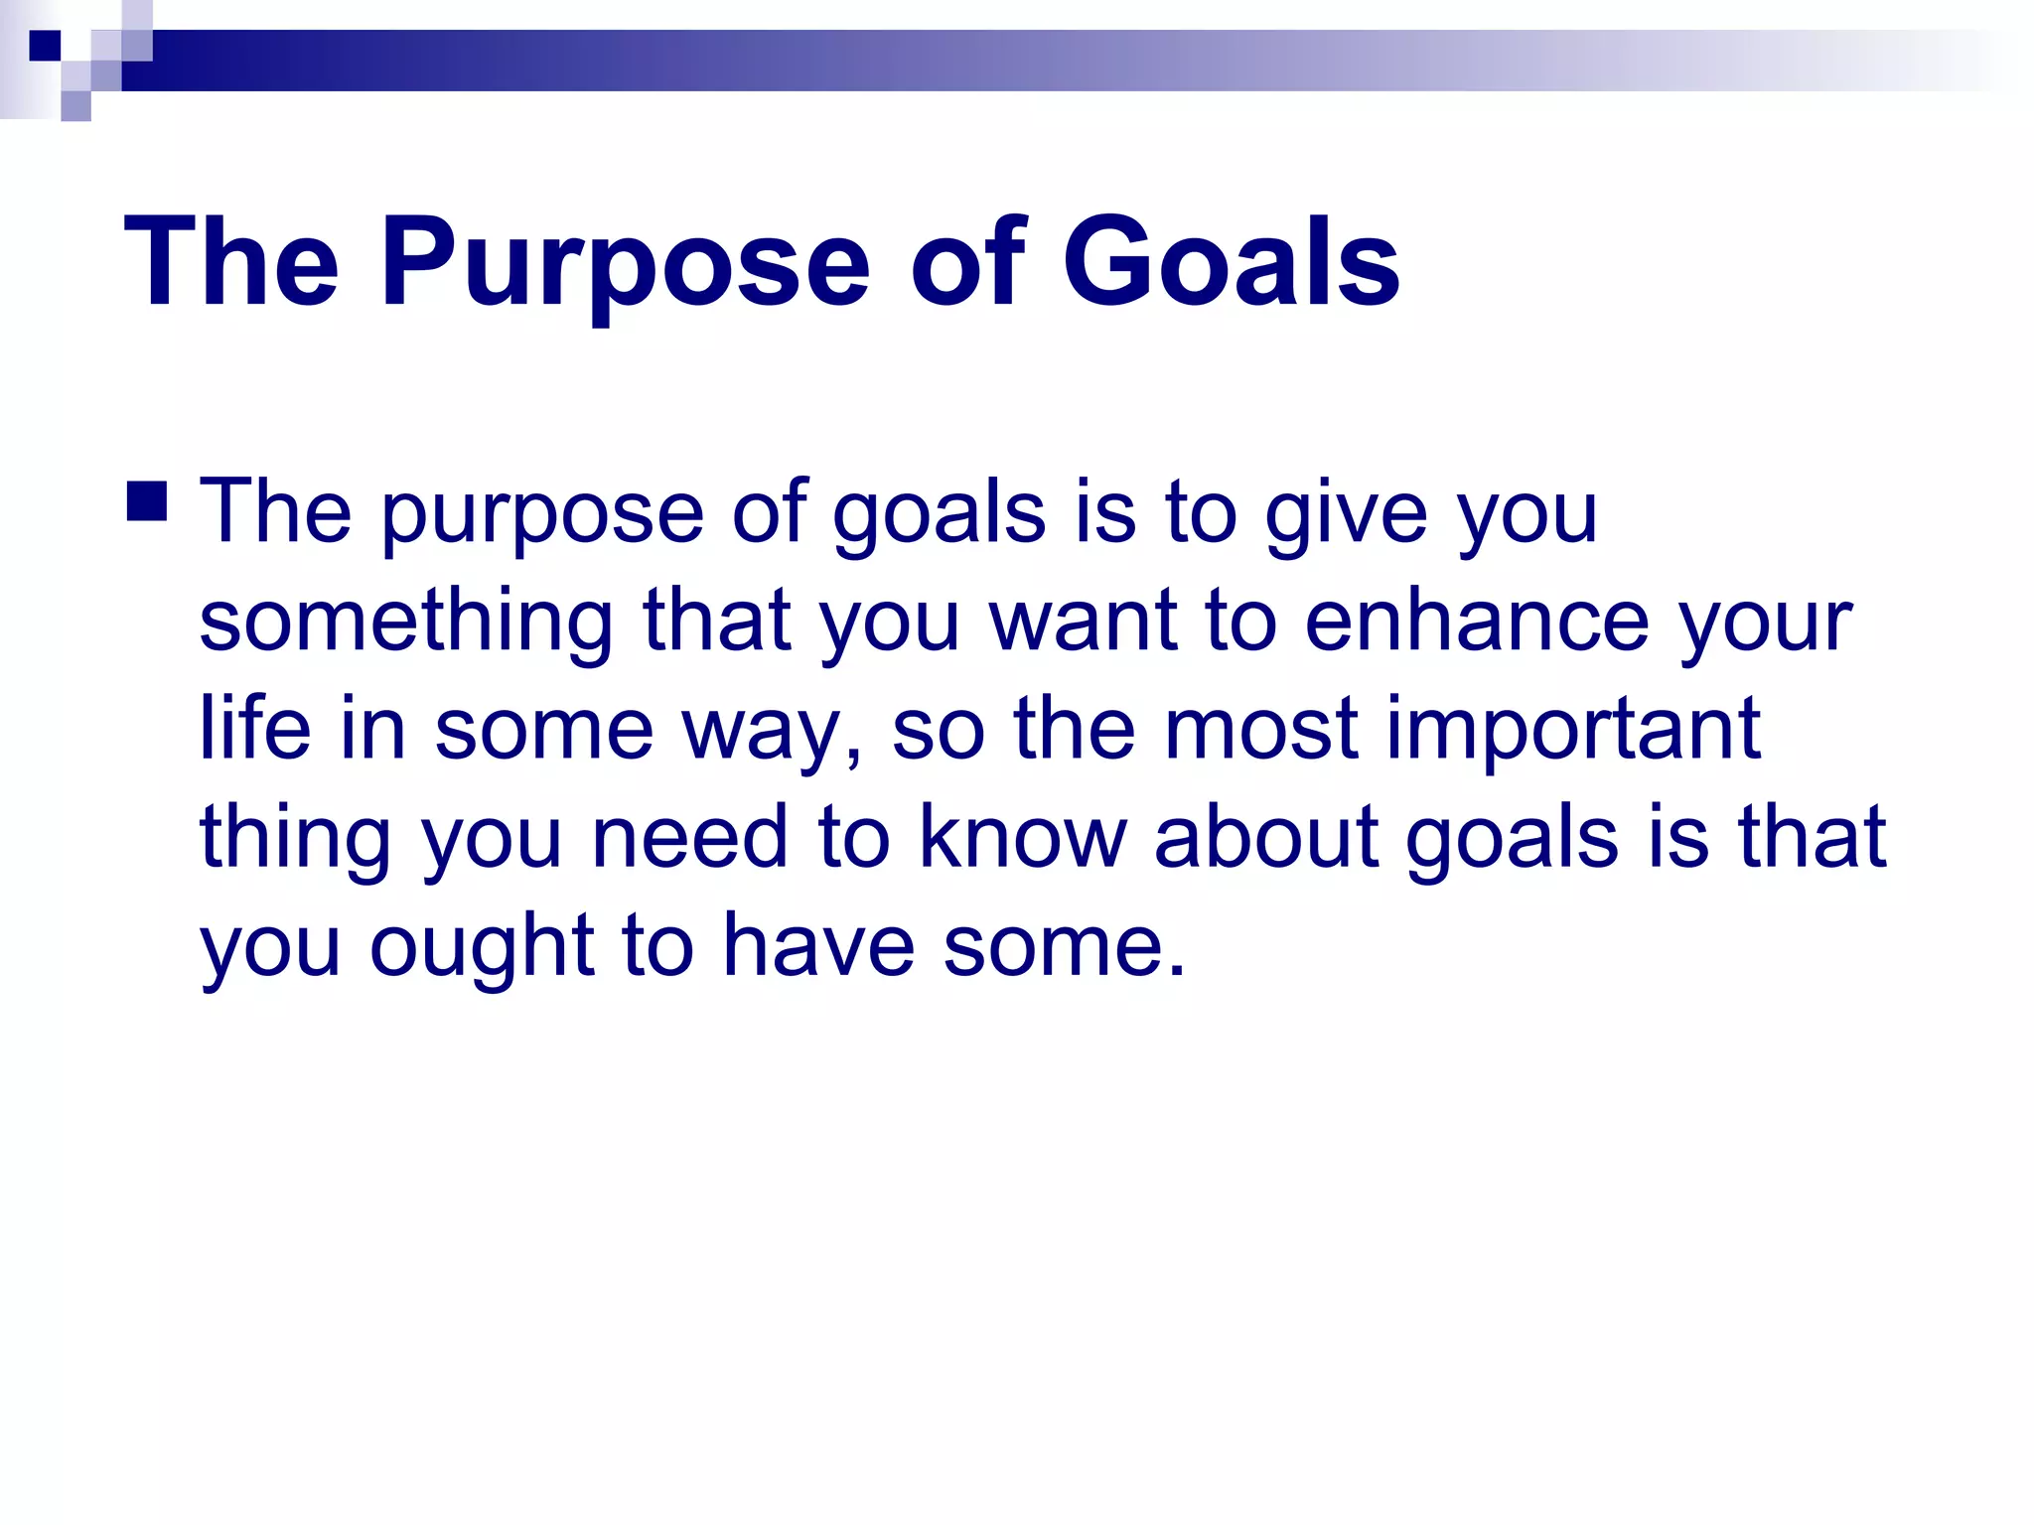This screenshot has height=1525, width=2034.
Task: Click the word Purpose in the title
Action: [x=625, y=266]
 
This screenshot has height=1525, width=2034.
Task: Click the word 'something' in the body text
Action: [x=406, y=624]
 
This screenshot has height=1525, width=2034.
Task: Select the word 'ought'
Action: [x=481, y=949]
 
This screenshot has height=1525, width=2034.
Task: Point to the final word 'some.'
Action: [x=1064, y=949]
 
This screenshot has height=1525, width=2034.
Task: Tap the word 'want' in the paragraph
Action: [x=1083, y=624]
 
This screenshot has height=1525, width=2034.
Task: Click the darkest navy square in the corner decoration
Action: [x=45, y=46]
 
